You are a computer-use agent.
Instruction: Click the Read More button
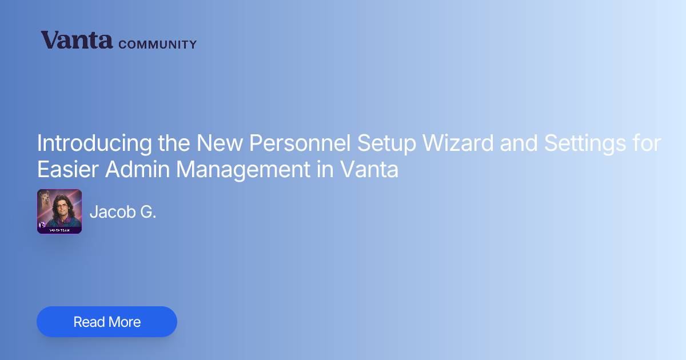(x=107, y=322)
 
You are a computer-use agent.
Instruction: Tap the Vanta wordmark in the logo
(x=77, y=40)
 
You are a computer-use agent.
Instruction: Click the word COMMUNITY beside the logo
(x=157, y=45)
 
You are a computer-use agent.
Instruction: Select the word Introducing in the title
(x=94, y=143)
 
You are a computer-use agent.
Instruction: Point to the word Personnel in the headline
(x=300, y=143)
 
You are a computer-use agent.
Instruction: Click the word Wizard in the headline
(x=458, y=143)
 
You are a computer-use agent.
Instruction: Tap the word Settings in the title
(x=585, y=143)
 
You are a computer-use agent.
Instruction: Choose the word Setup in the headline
(x=386, y=143)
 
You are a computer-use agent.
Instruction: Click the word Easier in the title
(x=67, y=169)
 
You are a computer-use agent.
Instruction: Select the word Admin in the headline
(x=138, y=169)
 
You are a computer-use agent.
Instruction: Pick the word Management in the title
(x=243, y=170)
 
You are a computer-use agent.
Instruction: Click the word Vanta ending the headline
(x=369, y=169)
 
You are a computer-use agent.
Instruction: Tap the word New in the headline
(x=220, y=143)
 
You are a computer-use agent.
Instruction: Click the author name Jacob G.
(x=123, y=211)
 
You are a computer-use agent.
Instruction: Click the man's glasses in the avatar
(x=62, y=206)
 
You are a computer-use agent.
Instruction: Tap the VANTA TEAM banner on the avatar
(x=59, y=230)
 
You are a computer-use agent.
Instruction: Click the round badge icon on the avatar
(x=42, y=225)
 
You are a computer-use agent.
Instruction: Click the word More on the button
(x=125, y=322)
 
